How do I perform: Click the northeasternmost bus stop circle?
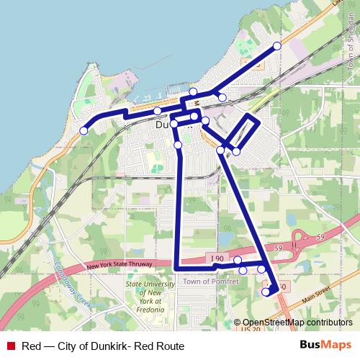(x=277, y=47)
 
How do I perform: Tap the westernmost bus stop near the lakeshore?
(x=84, y=130)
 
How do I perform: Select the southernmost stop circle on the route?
(x=266, y=292)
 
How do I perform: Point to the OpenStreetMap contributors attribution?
(x=297, y=323)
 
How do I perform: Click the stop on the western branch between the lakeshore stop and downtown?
(x=157, y=111)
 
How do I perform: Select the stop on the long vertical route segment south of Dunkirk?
(x=178, y=145)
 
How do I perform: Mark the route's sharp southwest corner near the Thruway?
(x=176, y=269)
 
